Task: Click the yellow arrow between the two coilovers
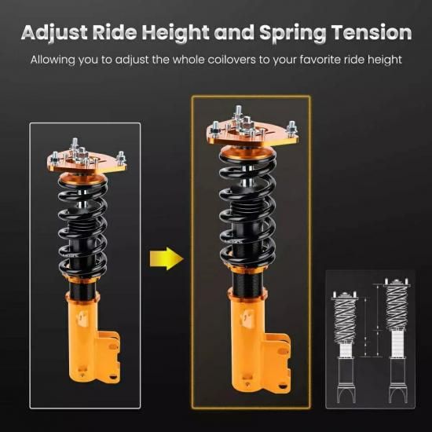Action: (x=167, y=258)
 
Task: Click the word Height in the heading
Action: (x=175, y=33)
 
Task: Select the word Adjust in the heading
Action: (x=54, y=33)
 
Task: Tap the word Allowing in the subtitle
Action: (x=53, y=60)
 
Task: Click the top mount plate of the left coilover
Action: (x=86, y=163)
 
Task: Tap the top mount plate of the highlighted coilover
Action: (x=252, y=134)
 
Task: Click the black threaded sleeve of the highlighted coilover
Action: (x=247, y=284)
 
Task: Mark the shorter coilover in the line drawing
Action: (x=346, y=348)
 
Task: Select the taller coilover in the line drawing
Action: (x=397, y=341)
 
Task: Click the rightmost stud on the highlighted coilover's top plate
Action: (x=291, y=128)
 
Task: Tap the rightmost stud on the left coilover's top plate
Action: (x=121, y=158)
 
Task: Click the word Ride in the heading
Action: (x=115, y=33)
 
